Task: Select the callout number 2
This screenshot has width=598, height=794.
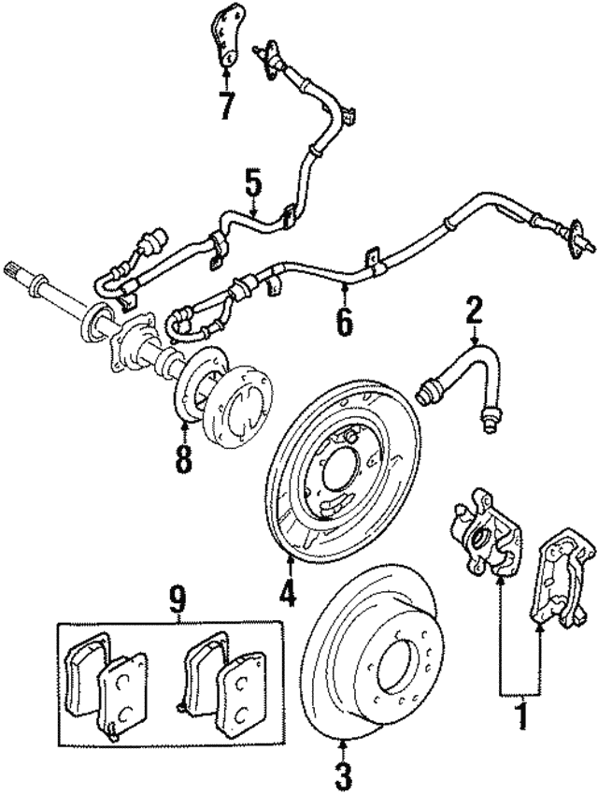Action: pos(475,310)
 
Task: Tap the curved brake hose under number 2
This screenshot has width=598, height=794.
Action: pos(467,374)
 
